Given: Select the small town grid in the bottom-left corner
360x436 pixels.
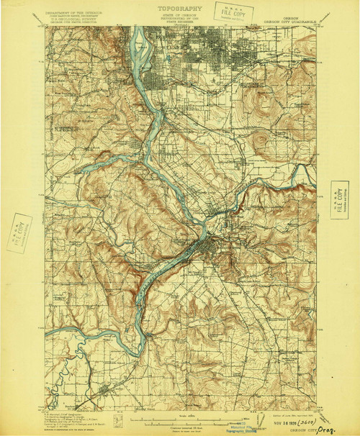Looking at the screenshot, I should [x=106, y=392].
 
